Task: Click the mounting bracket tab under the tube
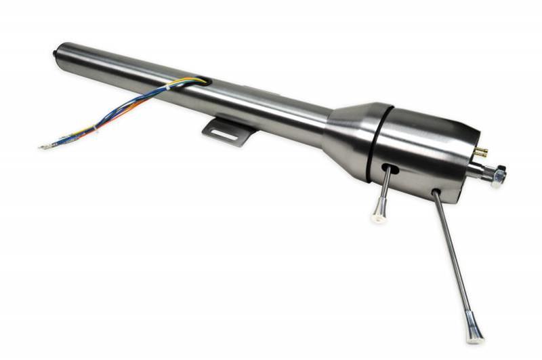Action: pyautogui.click(x=227, y=129)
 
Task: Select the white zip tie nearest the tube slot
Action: pyautogui.click(x=169, y=89)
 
